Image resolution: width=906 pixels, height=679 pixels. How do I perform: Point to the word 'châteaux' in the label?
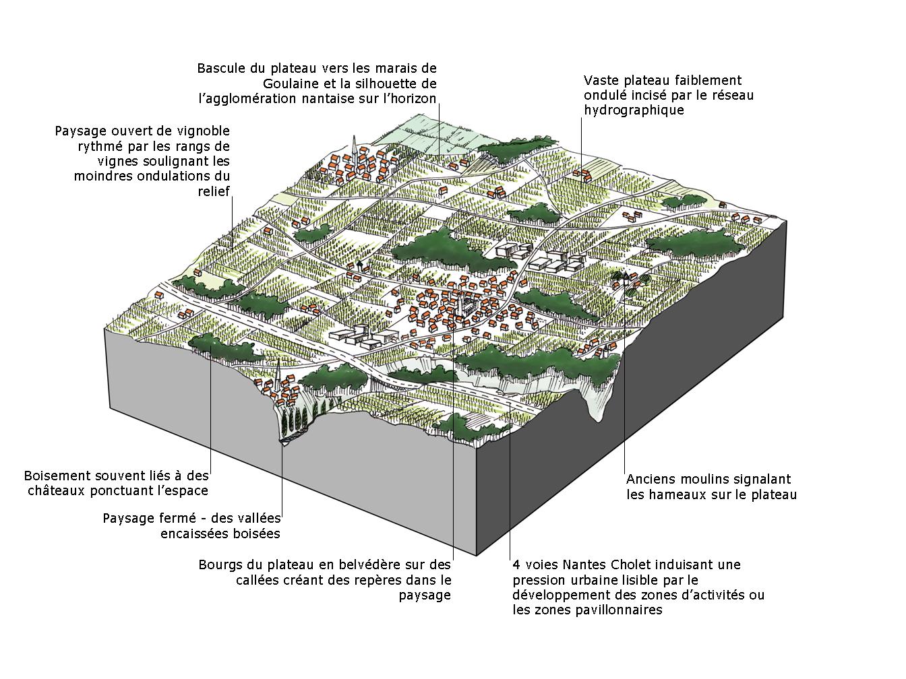tap(56, 490)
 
